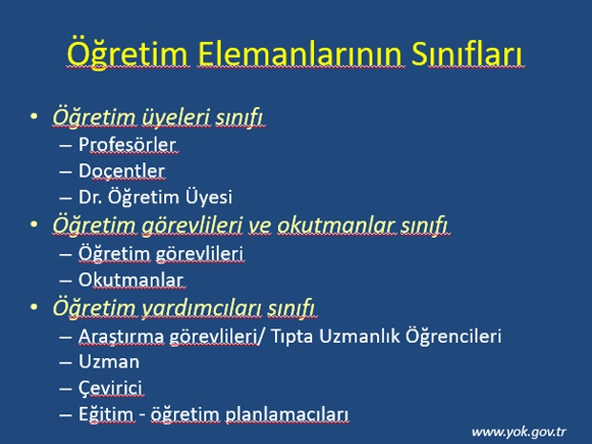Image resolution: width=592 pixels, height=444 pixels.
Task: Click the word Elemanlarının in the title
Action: [301, 53]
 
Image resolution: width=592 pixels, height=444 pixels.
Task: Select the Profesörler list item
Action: [127, 144]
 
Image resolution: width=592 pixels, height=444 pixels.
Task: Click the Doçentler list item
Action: [121, 172]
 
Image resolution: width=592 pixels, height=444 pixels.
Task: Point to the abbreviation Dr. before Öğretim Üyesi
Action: [91, 197]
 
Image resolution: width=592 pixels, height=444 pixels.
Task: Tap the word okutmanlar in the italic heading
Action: [337, 225]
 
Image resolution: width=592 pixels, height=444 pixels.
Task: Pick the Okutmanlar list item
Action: [131, 280]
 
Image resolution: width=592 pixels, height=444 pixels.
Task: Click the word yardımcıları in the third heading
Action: [201, 307]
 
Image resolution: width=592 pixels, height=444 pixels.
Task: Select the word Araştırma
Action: [121, 336]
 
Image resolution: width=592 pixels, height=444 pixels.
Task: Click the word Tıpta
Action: [292, 336]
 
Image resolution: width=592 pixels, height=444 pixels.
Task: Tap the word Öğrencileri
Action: [453, 335]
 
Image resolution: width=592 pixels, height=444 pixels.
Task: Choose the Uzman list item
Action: [109, 362]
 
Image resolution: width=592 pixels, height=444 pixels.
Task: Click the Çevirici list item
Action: [111, 389]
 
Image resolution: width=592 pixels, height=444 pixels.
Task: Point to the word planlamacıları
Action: [286, 414]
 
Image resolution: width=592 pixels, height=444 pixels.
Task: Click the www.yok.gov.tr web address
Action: [518, 432]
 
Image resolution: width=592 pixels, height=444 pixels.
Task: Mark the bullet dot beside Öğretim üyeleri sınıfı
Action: [34, 116]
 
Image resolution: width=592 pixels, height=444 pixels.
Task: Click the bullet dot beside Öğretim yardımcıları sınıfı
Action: [34, 307]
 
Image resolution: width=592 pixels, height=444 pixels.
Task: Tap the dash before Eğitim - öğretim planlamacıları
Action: [65, 414]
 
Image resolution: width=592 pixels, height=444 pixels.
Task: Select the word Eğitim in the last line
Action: [106, 414]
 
